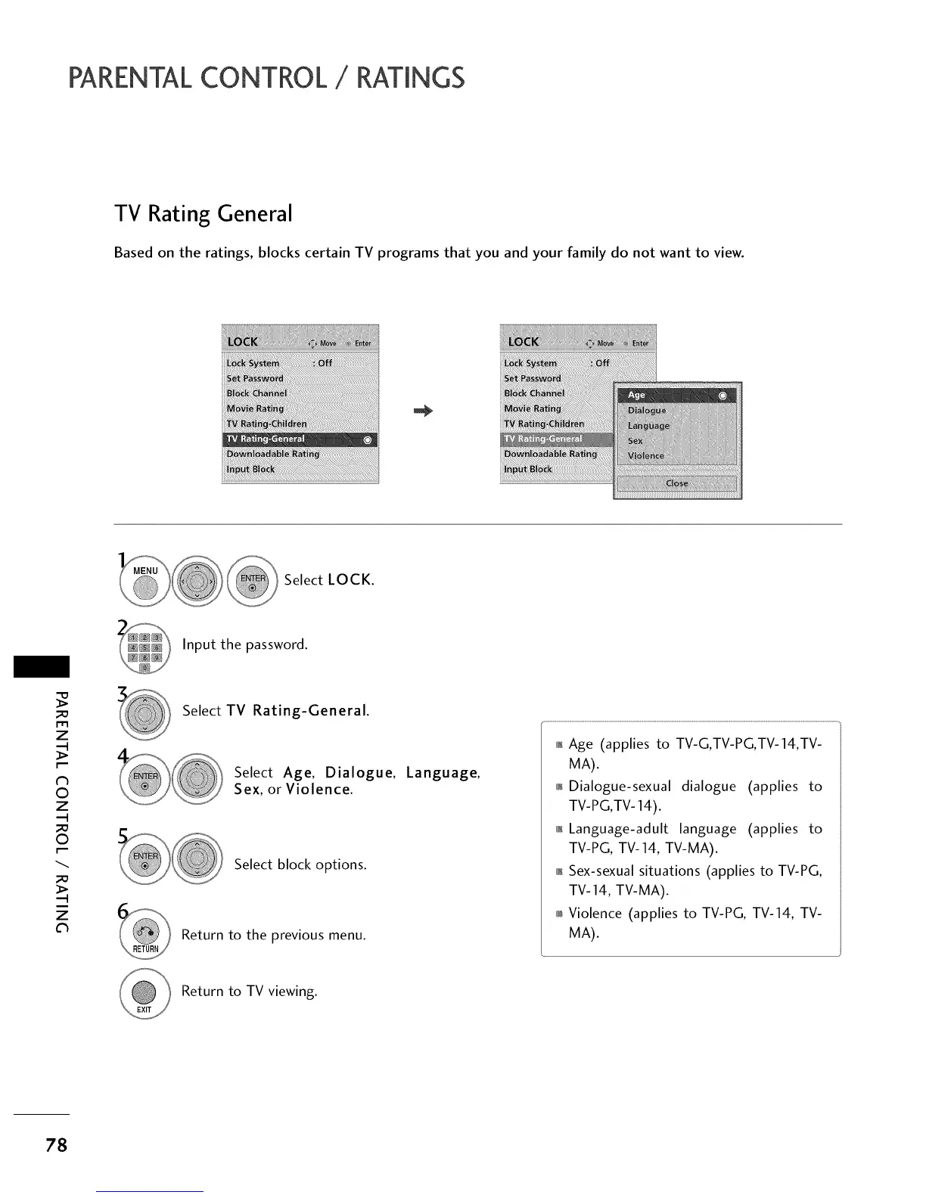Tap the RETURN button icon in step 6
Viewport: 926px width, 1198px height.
pos(145,936)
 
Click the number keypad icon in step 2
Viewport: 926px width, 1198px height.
pos(145,647)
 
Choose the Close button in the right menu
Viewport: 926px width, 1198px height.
pos(677,484)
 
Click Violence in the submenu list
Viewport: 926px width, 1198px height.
pos(646,456)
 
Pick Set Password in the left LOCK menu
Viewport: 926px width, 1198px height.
pos(255,378)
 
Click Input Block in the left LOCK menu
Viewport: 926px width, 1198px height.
pos(250,469)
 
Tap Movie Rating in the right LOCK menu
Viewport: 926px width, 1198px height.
pos(533,408)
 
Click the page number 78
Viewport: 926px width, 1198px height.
pos(56,1146)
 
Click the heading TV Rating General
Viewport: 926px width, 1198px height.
pos(203,214)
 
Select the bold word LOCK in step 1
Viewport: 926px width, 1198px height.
pos(350,580)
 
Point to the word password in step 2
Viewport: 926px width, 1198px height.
pos(276,645)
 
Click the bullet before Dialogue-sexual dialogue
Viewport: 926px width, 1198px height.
pos(559,787)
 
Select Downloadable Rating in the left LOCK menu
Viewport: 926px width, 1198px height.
pos(273,454)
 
